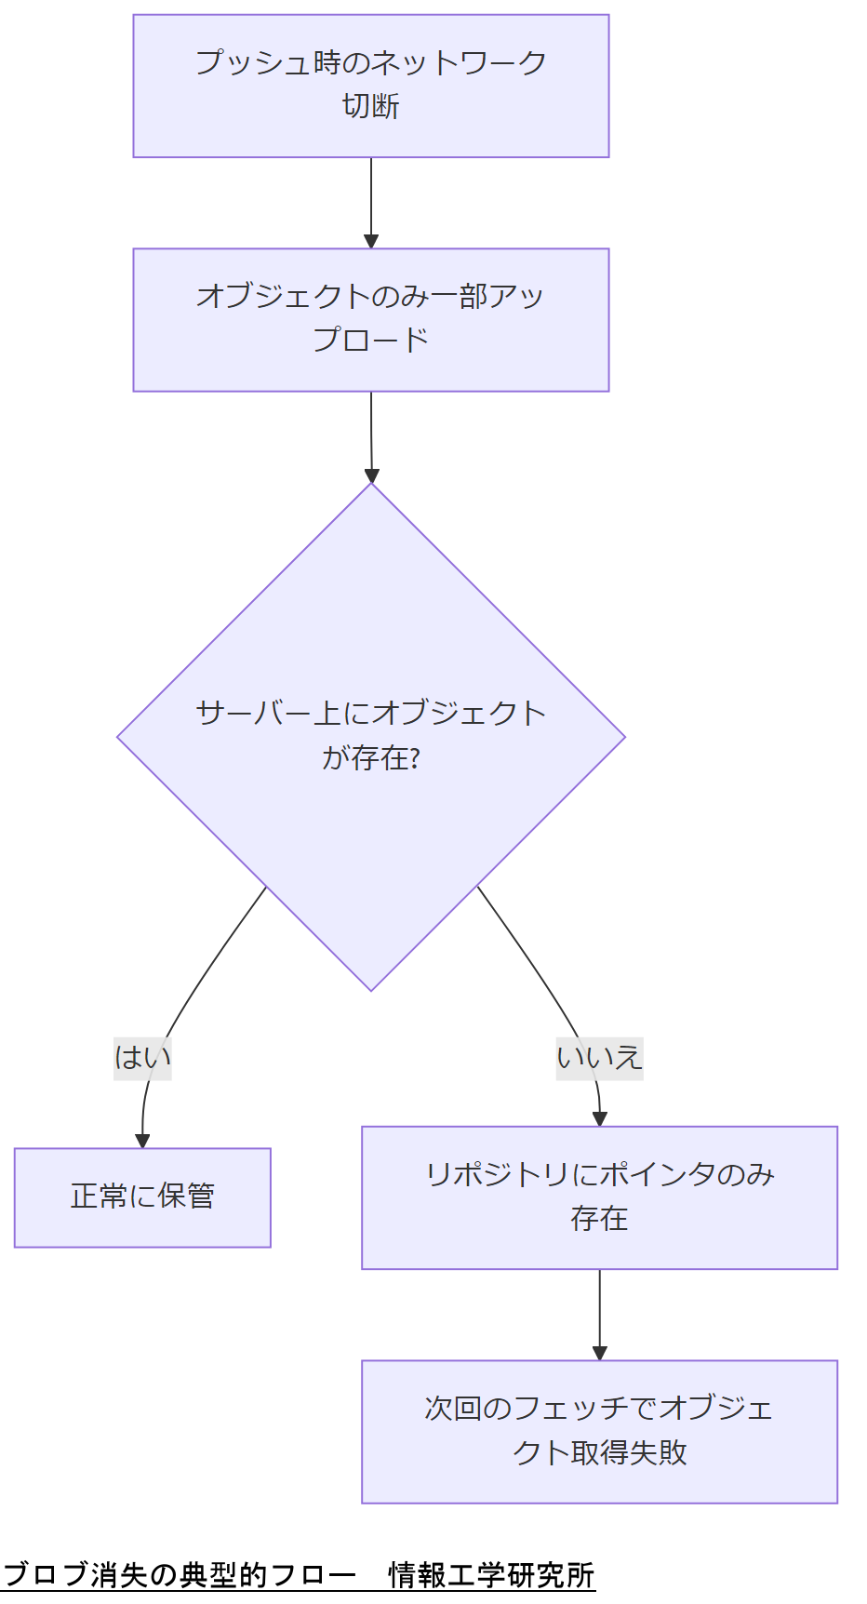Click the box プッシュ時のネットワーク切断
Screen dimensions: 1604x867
(x=370, y=86)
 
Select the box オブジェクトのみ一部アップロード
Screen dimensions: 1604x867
(x=370, y=319)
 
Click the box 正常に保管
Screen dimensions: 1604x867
(x=142, y=1196)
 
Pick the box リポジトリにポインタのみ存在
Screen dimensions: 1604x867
(x=599, y=1197)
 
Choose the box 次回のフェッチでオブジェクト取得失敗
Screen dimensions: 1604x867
(x=599, y=1431)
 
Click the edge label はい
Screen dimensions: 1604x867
(x=142, y=1058)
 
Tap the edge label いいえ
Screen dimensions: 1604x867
(x=599, y=1058)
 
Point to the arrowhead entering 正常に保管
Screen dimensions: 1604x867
(x=142, y=1142)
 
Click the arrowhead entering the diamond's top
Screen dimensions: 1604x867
(x=371, y=475)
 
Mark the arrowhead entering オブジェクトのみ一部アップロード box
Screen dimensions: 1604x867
(x=371, y=241)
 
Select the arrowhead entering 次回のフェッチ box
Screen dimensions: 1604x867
(x=599, y=1353)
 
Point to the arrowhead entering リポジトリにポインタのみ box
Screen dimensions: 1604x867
(x=599, y=1119)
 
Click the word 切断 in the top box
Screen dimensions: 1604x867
(x=370, y=107)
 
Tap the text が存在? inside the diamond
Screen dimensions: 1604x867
(x=370, y=758)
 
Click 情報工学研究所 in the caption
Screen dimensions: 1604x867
(x=490, y=1575)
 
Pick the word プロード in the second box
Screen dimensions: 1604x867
(x=370, y=341)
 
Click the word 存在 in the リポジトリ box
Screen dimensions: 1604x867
(x=599, y=1219)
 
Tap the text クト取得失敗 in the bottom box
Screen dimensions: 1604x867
(x=599, y=1452)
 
